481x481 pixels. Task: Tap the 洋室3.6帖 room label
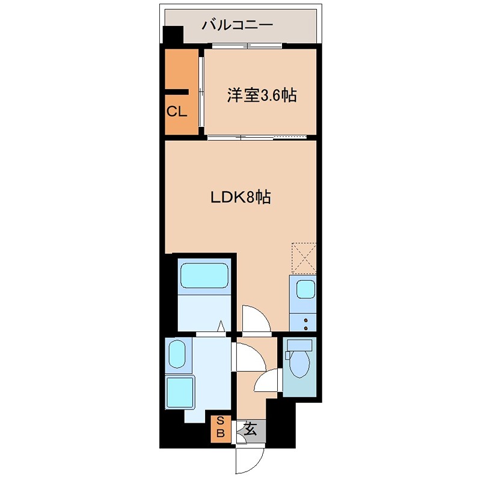(x=262, y=95)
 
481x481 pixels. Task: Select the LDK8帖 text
(x=240, y=197)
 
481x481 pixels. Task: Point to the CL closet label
(x=177, y=111)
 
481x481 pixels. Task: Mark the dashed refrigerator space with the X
(x=304, y=257)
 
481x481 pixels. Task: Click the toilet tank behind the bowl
(x=299, y=345)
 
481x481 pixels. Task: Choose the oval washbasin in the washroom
(x=177, y=354)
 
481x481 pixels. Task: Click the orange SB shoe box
(x=220, y=426)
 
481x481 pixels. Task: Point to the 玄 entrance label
(x=251, y=429)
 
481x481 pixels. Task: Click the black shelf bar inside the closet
(x=176, y=92)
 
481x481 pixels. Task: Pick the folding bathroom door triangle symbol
(x=222, y=326)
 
